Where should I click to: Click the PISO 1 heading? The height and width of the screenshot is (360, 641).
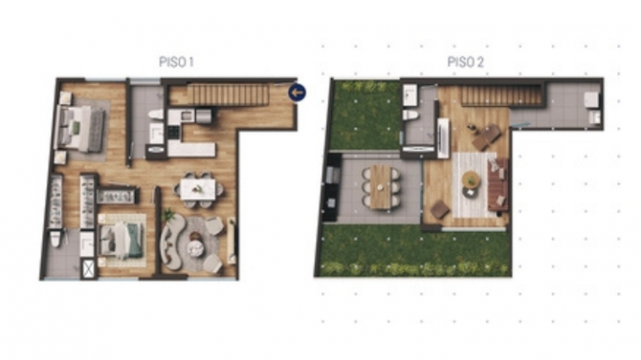click(x=176, y=62)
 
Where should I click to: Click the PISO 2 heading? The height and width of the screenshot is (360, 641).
click(x=465, y=62)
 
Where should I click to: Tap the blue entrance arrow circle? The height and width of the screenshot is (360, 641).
click(x=297, y=92)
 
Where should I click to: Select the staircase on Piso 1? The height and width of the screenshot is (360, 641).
click(x=231, y=95)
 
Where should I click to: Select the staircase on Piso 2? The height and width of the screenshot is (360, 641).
click(x=501, y=97)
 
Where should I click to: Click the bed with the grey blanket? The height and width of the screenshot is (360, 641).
click(x=80, y=129)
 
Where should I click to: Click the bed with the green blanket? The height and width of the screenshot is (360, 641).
click(x=122, y=241)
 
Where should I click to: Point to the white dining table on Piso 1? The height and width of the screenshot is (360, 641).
click(x=198, y=189)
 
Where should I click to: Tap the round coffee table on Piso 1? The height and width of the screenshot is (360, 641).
click(x=196, y=248)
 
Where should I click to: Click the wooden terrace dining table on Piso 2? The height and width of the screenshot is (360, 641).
click(x=380, y=187)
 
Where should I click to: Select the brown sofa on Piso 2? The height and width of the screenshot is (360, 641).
click(x=498, y=185)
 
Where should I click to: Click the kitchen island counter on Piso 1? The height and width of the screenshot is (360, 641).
click(x=191, y=149)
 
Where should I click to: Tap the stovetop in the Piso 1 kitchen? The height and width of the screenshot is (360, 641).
click(x=173, y=132)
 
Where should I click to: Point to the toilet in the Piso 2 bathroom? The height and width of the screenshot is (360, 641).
click(x=411, y=115)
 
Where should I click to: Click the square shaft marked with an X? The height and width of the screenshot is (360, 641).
click(x=89, y=269)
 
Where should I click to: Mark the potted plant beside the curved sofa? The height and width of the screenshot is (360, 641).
click(x=168, y=214)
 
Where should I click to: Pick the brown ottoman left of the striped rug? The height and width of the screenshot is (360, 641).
click(x=439, y=209)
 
